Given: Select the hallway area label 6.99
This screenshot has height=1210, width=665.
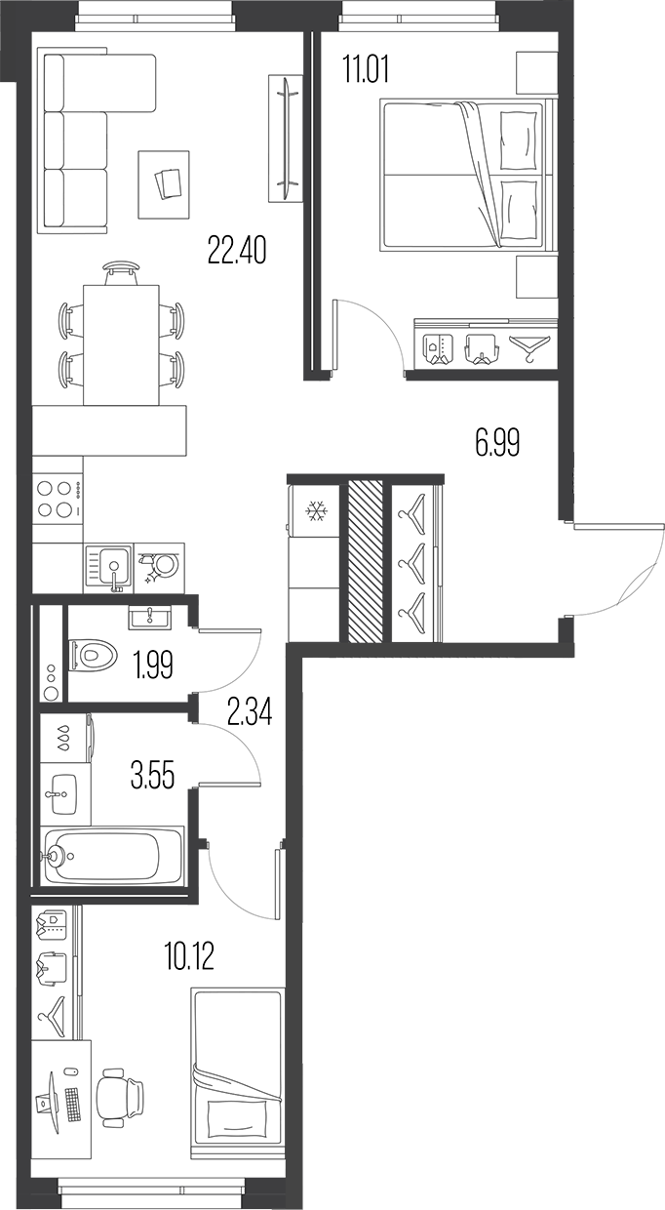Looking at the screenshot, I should click(x=497, y=444).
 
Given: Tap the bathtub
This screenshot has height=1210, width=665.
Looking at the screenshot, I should click(x=111, y=856).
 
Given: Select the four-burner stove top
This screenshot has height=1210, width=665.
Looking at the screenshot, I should click(x=57, y=498).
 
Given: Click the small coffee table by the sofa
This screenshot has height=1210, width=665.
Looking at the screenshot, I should click(x=165, y=183).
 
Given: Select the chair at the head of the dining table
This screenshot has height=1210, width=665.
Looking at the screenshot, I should click(x=120, y=271).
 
